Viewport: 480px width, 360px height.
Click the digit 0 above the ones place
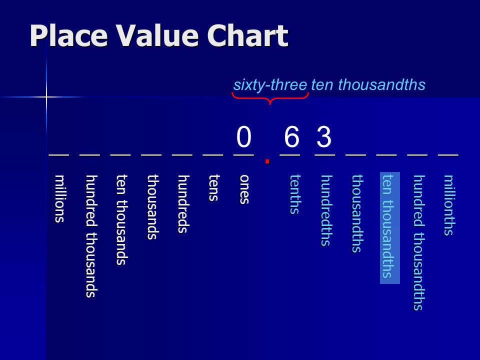tap(243, 137)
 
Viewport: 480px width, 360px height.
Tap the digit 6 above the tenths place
tap(291, 137)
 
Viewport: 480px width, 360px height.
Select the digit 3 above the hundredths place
tap(324, 137)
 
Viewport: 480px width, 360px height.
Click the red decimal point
tap(267, 161)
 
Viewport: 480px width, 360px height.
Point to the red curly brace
tap(270, 98)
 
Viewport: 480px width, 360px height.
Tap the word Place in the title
tap(69, 36)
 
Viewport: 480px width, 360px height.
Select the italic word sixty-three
tap(270, 85)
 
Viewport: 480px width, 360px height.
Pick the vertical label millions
tap(60, 198)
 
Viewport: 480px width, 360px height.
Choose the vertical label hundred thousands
tap(91, 236)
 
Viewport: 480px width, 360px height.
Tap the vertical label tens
tap(214, 188)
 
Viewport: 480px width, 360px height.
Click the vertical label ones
tap(244, 189)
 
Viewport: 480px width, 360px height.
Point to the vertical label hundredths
tap(326, 210)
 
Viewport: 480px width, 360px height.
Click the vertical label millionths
tap(449, 205)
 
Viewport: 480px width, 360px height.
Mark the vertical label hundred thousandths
tap(419, 243)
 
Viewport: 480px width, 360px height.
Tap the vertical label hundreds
tap(183, 204)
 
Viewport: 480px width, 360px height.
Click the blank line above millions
tap(59, 155)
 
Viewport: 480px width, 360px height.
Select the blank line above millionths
tap(448, 155)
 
